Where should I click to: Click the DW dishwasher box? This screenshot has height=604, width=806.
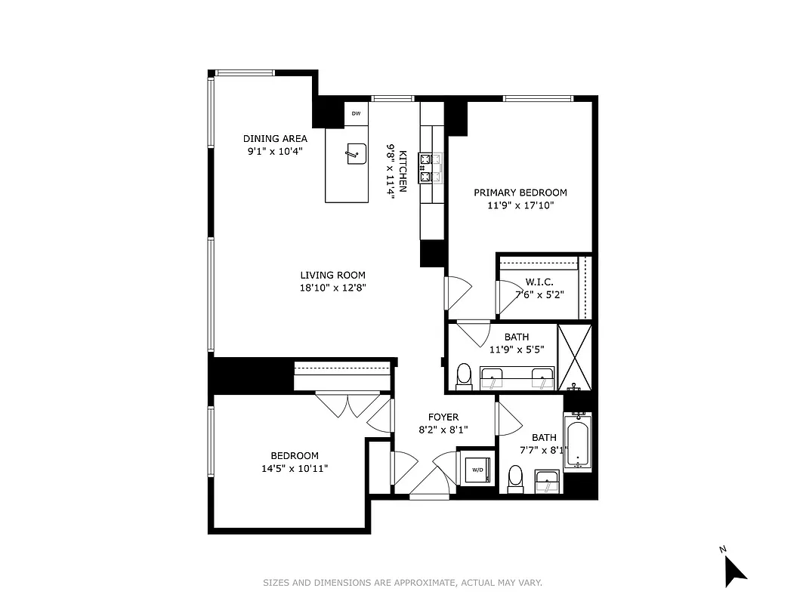(356, 114)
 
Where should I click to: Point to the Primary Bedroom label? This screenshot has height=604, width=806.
(520, 193)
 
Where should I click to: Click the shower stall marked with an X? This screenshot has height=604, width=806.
(575, 356)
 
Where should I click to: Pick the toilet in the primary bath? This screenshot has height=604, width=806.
(465, 376)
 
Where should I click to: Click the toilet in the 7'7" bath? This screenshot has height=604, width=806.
(516, 478)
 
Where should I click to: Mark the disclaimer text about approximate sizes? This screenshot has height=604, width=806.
(403, 582)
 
